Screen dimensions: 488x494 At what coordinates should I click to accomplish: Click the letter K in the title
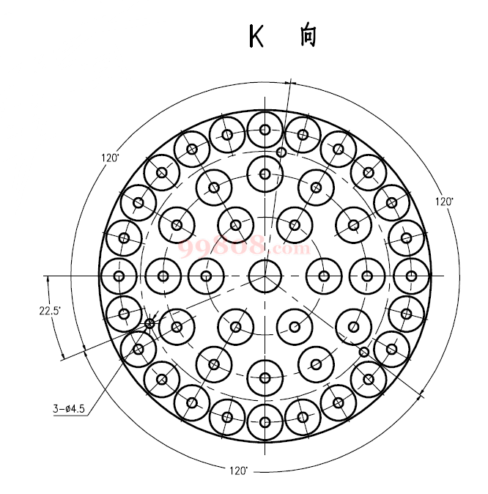tap(256, 36)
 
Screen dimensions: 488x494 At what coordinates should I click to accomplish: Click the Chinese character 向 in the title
tap(308, 36)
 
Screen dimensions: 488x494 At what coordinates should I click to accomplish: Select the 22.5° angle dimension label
tap(50, 311)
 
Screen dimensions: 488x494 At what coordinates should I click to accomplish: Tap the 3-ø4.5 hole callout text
tap(69, 409)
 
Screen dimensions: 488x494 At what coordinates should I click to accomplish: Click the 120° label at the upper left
tap(110, 158)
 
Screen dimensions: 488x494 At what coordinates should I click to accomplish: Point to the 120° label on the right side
tap(444, 202)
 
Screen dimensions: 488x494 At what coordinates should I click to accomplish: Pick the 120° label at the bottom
tap(239, 471)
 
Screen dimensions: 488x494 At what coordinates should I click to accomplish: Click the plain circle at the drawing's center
tap(265, 276)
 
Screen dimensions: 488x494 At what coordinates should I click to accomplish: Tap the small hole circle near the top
tap(281, 152)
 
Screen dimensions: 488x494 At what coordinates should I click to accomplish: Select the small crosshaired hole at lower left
tap(149, 323)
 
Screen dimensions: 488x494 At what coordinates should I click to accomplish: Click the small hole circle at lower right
tap(364, 352)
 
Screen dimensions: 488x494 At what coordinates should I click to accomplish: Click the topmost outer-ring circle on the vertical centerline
tap(265, 130)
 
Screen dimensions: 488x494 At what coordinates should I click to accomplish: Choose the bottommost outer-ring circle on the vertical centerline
tap(265, 422)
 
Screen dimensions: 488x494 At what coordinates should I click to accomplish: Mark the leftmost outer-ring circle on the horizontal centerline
tap(119, 276)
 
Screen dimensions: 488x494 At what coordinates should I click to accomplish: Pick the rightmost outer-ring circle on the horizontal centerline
tap(411, 276)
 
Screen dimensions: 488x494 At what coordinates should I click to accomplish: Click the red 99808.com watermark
tap(244, 247)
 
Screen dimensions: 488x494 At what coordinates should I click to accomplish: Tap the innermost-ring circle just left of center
tap(206, 276)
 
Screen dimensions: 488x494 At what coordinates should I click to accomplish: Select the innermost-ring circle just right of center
tap(324, 276)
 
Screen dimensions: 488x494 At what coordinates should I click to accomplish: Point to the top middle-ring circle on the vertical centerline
tap(265, 174)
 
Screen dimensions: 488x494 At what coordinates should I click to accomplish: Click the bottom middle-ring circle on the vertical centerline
tap(265, 378)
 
